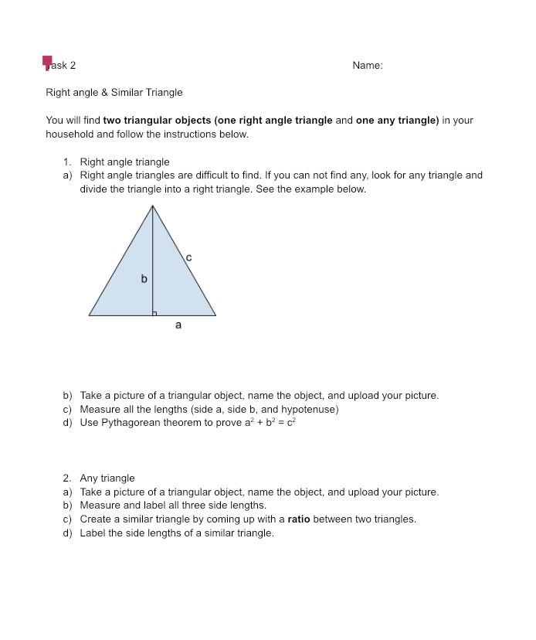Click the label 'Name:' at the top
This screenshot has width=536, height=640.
point(367,66)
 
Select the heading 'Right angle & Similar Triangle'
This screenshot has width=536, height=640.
point(114,93)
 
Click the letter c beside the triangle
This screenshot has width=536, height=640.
point(189,257)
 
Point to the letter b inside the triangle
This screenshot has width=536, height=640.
point(144,278)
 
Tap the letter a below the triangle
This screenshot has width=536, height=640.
point(178,325)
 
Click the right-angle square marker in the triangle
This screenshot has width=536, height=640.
point(155,313)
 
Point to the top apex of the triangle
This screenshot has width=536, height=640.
point(153,206)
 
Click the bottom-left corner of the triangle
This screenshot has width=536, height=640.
point(90,315)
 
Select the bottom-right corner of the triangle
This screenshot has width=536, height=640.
point(215,315)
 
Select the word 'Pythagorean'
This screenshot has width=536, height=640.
point(130,423)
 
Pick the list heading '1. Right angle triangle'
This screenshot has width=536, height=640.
point(117,162)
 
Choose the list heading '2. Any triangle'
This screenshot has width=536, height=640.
point(99,478)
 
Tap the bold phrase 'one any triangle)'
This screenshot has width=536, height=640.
point(397,121)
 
